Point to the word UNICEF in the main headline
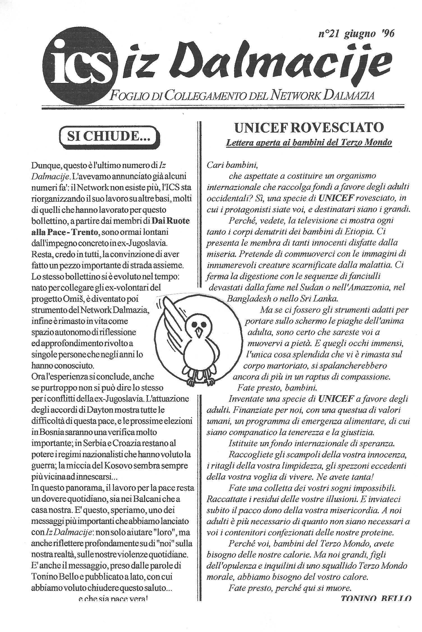258,128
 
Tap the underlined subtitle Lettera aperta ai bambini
309,142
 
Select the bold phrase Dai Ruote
171,221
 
